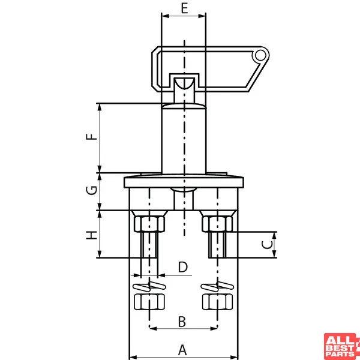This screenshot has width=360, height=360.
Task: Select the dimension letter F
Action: pos(92,137)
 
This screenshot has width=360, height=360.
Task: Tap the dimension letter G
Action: pos(92,190)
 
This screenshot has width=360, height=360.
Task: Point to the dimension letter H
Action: pos(92,235)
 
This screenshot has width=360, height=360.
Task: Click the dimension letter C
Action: pos(267,245)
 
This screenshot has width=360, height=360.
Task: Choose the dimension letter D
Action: pos(183,267)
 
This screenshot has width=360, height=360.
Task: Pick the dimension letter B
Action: pos(182,322)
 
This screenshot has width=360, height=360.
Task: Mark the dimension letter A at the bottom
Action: pos(182,350)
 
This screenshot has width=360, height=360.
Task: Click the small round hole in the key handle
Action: pos(260,55)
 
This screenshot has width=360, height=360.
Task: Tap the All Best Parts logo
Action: pos(342,346)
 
